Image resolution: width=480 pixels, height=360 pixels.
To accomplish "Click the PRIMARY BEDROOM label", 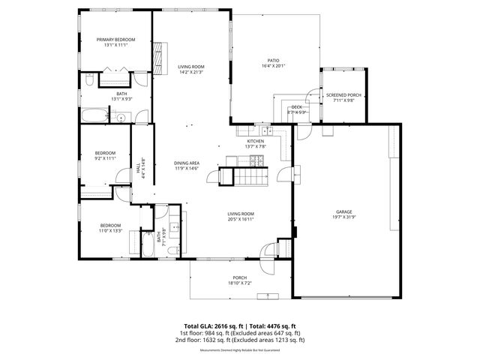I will (115, 39).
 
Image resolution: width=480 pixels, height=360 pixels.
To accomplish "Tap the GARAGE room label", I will (343, 212).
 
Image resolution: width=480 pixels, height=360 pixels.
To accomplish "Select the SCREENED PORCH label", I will (343, 95).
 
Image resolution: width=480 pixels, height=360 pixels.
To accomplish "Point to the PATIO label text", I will (274, 60).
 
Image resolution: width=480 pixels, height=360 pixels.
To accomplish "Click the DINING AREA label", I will (186, 163).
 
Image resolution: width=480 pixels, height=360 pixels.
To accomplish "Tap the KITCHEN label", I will (256, 141).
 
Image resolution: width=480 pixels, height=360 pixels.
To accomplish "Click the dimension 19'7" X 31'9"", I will (343, 218).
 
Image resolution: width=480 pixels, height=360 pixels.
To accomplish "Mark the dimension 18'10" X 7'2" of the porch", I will (239, 283).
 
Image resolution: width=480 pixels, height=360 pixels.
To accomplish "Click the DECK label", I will (296, 107).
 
